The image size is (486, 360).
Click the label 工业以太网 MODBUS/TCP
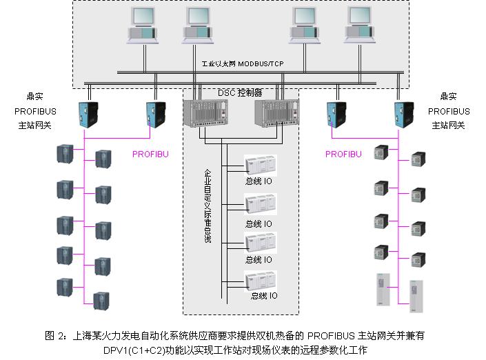click(x=243, y=63)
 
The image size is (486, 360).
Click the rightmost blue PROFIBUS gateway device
click(x=405, y=113)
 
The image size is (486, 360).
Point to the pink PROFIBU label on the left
click(x=150, y=154)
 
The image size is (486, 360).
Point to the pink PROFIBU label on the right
click(x=343, y=154)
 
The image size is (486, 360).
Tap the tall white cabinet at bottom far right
click(x=415, y=292)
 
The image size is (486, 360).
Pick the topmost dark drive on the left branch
click(x=65, y=154)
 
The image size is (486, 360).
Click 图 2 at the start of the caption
click(x=54, y=336)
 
